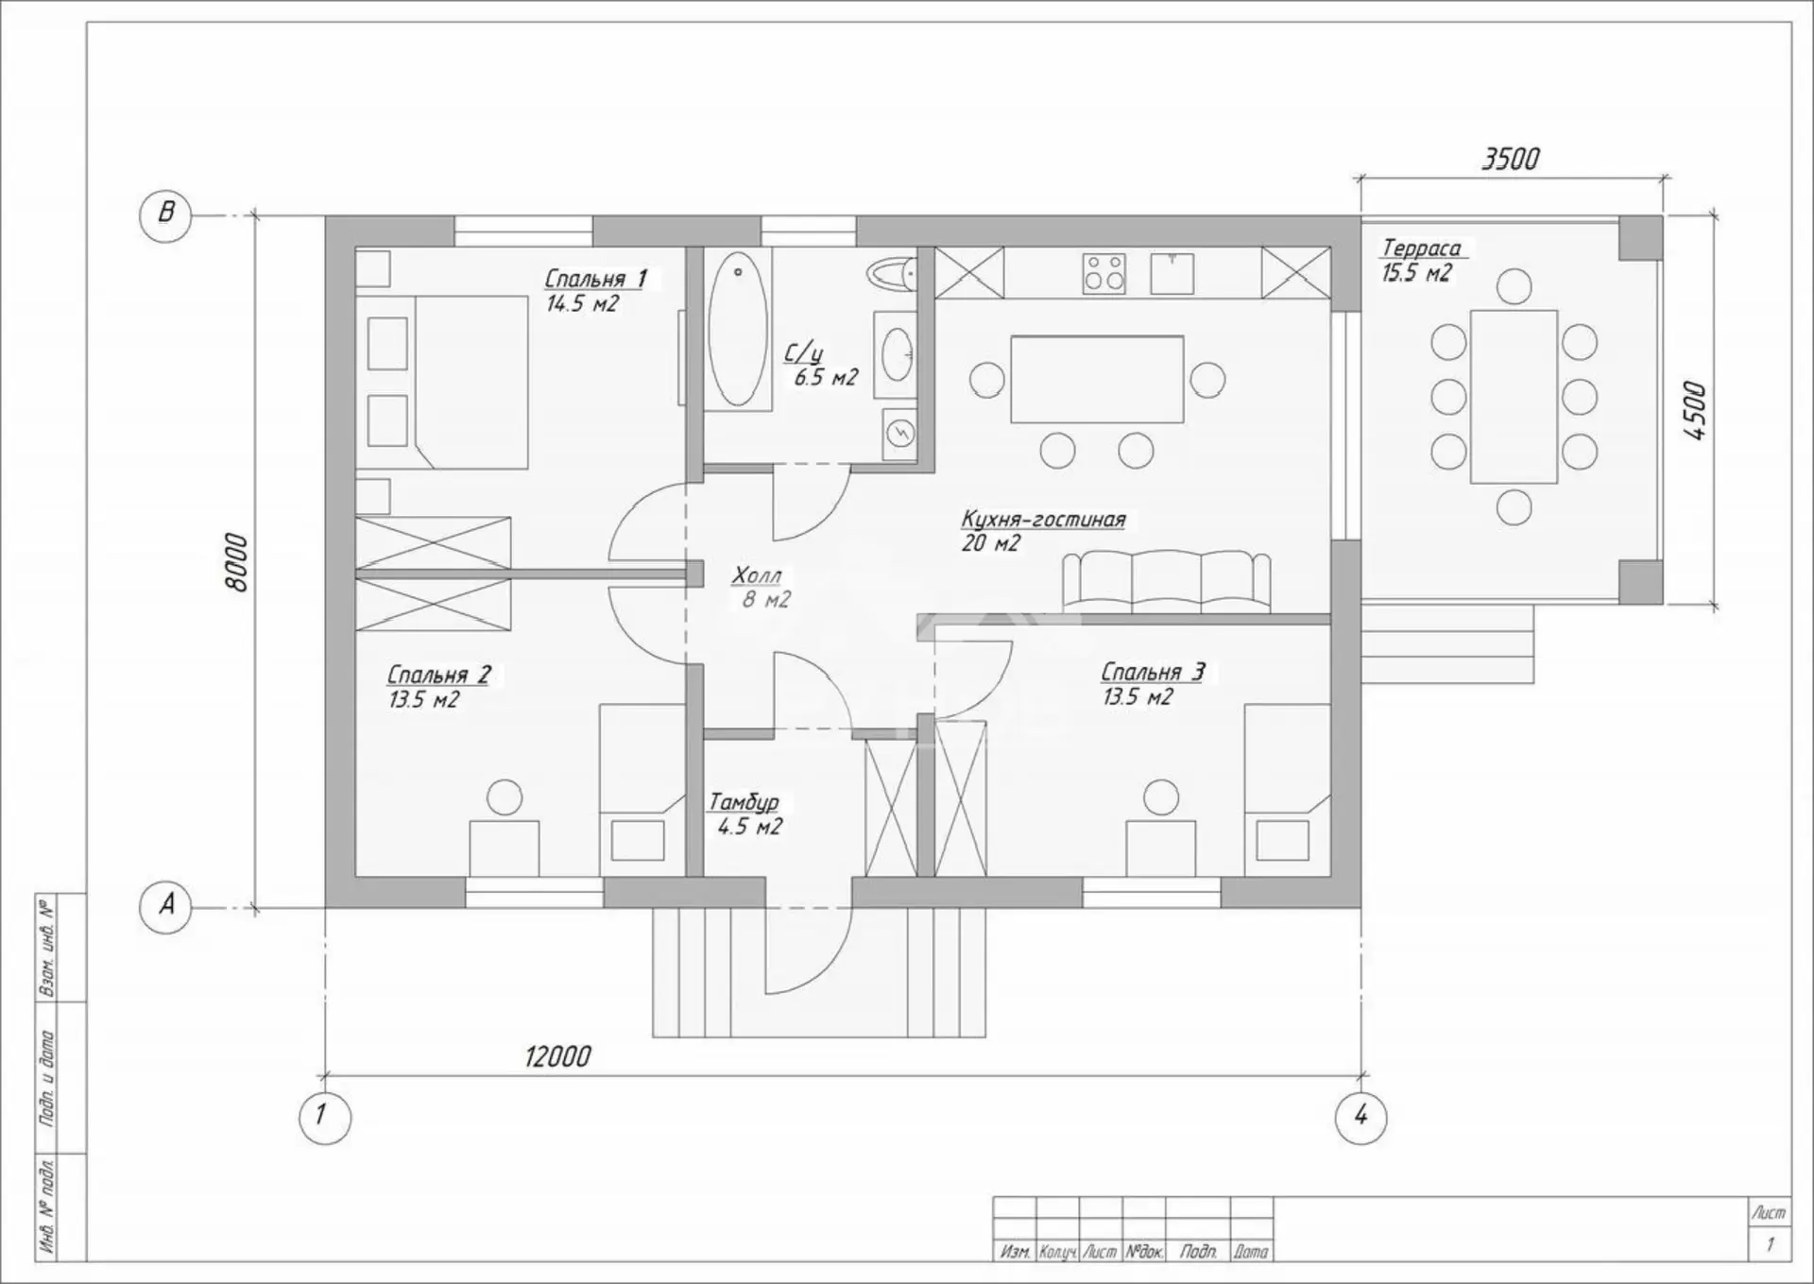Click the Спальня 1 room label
595,279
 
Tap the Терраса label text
1421,248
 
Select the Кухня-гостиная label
1043,520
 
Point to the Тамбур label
744,802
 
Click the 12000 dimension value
557,1056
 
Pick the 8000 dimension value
237,563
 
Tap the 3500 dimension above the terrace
1510,159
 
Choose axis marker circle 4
1360,1117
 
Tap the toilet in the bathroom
893,274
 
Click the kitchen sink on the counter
1172,272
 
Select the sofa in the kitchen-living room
1166,581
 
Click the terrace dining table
1514,397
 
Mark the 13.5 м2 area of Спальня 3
1138,697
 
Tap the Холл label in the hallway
757,575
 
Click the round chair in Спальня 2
505,797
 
